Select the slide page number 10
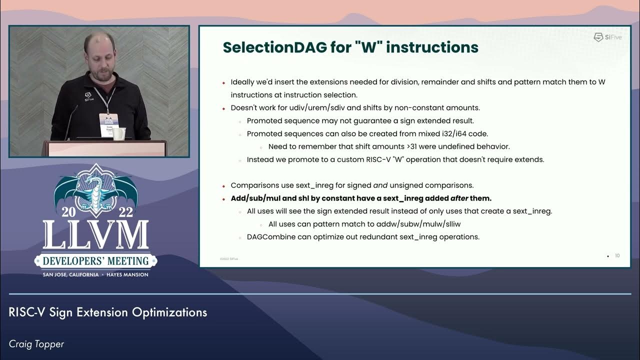[617, 256]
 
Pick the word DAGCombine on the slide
[270, 237]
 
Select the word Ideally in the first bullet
[242, 81]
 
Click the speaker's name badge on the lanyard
[108, 122]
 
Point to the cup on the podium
[119, 133]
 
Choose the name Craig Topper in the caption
[36, 344]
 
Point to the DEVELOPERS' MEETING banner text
[95, 261]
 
